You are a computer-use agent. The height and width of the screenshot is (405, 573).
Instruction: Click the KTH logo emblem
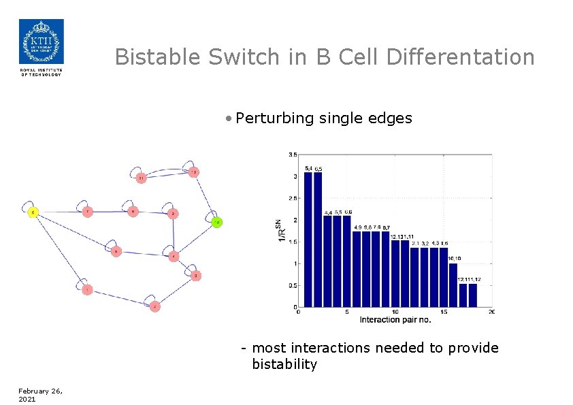tap(41, 42)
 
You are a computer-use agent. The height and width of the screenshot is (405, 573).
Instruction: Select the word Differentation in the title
tap(460, 57)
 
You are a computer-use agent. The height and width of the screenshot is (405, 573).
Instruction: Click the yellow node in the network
tap(33, 212)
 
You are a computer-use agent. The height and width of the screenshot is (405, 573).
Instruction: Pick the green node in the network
tap(216, 222)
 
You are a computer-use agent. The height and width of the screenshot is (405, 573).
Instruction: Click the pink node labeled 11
tap(141, 178)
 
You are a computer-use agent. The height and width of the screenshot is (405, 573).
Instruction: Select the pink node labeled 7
tap(87, 212)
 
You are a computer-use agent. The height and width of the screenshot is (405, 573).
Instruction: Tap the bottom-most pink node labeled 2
tap(155, 306)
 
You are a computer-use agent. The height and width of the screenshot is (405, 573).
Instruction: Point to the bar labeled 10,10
tap(453, 285)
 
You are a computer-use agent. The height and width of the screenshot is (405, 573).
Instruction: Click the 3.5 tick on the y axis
tap(292, 155)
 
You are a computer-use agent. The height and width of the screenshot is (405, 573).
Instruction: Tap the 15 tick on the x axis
tap(444, 312)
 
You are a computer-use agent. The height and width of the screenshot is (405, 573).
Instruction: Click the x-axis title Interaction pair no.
tap(395, 320)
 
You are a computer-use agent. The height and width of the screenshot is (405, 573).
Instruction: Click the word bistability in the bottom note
tap(284, 365)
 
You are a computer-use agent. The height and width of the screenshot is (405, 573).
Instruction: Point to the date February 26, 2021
tap(39, 395)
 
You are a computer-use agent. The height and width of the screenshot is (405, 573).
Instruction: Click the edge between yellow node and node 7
tap(60, 212)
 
